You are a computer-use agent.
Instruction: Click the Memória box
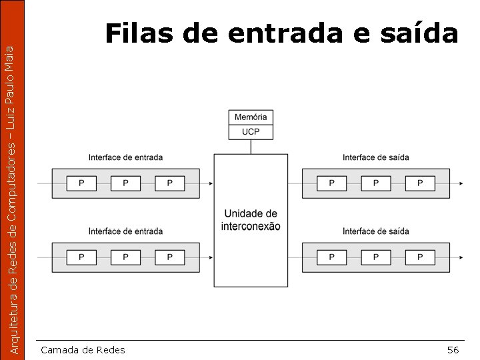coord(251,117)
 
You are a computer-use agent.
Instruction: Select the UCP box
coord(251,132)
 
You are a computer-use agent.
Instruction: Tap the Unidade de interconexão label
coord(251,220)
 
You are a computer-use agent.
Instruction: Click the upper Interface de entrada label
coord(125,157)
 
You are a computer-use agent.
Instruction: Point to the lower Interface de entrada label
coord(125,231)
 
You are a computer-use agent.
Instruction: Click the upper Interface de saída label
coord(376,157)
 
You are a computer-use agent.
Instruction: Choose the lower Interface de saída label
coord(376,231)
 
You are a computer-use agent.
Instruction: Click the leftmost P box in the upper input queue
coord(81,183)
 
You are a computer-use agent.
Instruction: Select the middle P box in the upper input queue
coord(126,183)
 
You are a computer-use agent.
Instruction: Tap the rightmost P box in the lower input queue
coord(170,257)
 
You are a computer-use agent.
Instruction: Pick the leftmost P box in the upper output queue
coord(331,183)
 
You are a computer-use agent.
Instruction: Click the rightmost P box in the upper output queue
coord(420,183)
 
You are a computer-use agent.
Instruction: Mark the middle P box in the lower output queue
coord(376,257)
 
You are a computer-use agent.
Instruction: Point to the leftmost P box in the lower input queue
coord(81,257)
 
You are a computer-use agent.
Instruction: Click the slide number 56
coord(453,350)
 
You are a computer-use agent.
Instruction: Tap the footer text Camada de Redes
coord(83,350)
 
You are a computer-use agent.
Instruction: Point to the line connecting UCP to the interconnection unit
coord(251,147)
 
